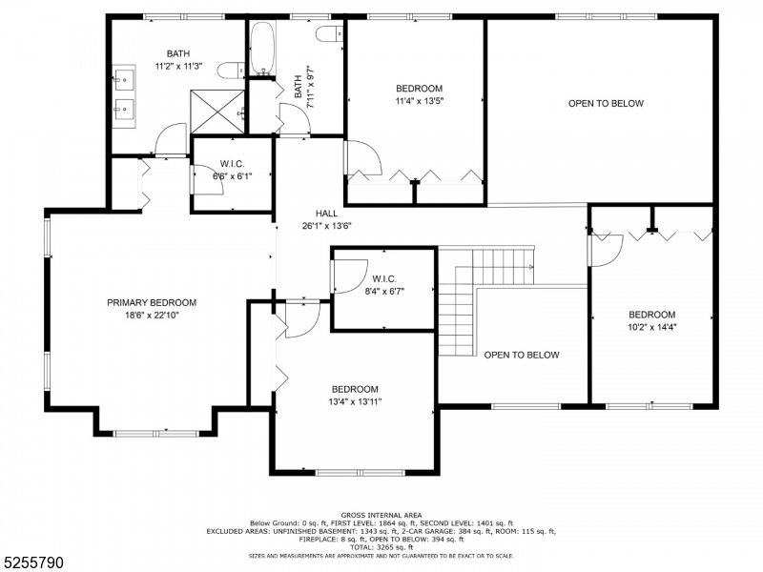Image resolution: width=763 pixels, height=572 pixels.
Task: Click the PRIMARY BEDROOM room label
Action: click(152, 302)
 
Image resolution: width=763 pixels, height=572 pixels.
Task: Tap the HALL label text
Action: click(326, 213)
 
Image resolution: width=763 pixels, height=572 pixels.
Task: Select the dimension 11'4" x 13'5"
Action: click(419, 101)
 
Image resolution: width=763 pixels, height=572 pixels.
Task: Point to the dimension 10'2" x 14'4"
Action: click(652, 327)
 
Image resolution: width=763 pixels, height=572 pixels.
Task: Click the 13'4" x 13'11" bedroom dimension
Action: click(355, 401)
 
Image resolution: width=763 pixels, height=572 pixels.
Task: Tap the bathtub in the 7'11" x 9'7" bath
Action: click(263, 49)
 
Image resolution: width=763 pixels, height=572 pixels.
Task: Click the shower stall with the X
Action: click(217, 112)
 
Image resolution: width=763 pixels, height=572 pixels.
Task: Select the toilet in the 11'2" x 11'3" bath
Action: click(231, 71)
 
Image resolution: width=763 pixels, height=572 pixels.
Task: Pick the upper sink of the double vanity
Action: click(124, 78)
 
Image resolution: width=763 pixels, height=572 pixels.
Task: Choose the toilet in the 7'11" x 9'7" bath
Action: click(329, 34)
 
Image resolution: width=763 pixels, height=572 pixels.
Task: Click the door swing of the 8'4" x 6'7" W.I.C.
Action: click(349, 276)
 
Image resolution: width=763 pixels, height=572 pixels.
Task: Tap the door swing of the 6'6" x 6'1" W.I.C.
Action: click(208, 180)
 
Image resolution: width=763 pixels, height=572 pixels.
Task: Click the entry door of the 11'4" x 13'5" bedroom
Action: click(363, 157)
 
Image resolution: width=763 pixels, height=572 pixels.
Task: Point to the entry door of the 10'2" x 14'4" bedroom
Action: click(606, 251)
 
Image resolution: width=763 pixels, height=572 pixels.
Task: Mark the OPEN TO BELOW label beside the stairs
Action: click(522, 355)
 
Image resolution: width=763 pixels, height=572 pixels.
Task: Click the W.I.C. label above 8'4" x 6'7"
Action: click(384, 279)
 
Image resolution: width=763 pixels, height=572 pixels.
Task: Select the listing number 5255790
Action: click(31, 562)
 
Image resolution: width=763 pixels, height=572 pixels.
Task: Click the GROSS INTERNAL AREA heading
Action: click(381, 515)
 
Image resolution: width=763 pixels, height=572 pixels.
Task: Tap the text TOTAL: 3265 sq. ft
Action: click(381, 547)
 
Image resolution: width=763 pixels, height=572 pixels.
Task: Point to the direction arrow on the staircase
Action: click(530, 267)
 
